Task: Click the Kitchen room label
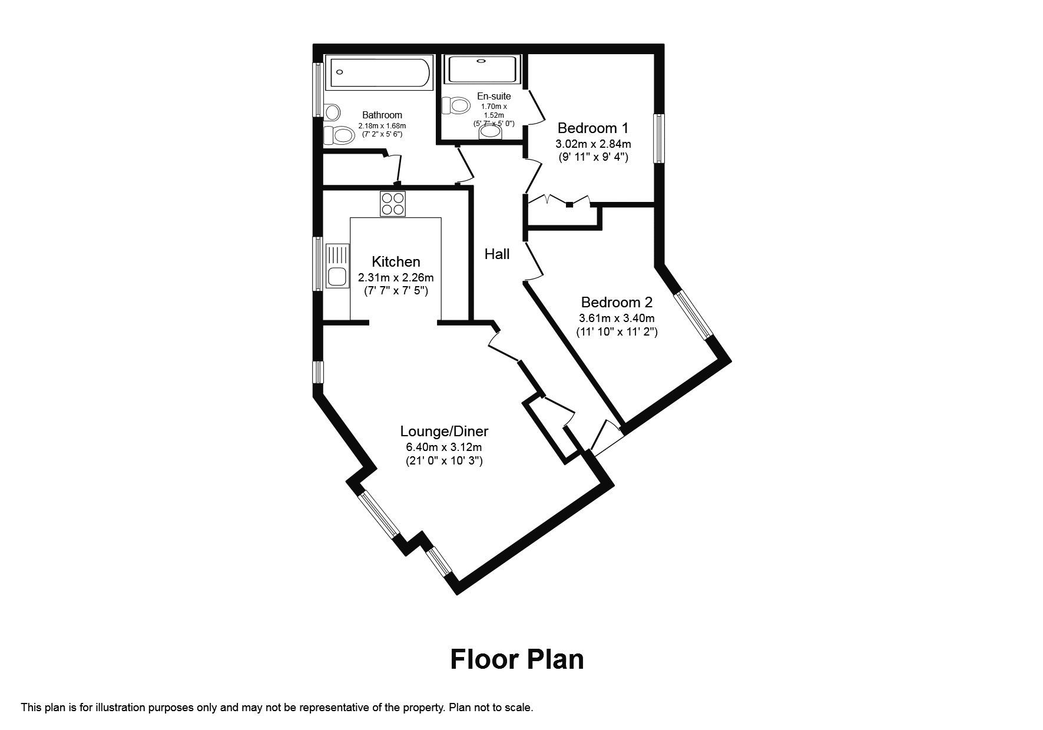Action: pyautogui.click(x=396, y=261)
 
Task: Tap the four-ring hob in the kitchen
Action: pyautogui.click(x=393, y=204)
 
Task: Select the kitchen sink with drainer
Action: pyautogui.click(x=337, y=266)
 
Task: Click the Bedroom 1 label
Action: pyautogui.click(x=592, y=128)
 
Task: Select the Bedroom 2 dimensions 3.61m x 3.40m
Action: pyautogui.click(x=617, y=318)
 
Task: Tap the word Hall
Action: pyautogui.click(x=497, y=254)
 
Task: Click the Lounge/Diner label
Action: pyautogui.click(x=444, y=431)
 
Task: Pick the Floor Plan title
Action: pyautogui.click(x=516, y=659)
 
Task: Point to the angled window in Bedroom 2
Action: pyautogui.click(x=693, y=314)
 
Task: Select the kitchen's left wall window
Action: pyautogui.click(x=317, y=264)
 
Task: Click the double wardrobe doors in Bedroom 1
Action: pyautogui.click(x=559, y=200)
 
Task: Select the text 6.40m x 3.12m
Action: pyautogui.click(x=444, y=447)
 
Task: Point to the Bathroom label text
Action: pyautogui.click(x=382, y=115)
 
